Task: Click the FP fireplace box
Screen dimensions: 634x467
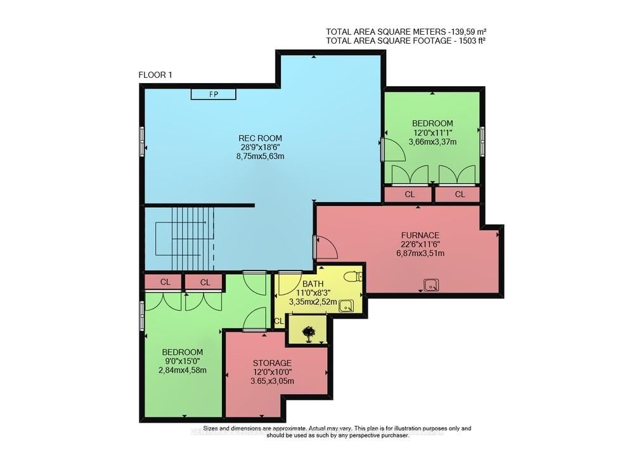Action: point(214,94)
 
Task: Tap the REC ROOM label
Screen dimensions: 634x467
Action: point(260,138)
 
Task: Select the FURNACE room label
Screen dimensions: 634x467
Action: point(420,235)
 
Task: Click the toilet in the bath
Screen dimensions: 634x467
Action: point(354,277)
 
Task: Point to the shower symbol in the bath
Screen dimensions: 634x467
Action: point(346,306)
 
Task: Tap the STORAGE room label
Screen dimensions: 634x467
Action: point(272,363)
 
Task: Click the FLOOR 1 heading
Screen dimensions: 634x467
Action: point(155,75)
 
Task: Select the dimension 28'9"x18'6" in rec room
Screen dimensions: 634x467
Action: point(261,148)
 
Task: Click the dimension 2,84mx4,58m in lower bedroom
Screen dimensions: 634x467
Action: point(183,370)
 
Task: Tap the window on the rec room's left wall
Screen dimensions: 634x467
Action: point(142,141)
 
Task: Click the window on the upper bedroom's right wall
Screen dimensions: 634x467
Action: point(482,141)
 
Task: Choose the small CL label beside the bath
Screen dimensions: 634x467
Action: point(279,321)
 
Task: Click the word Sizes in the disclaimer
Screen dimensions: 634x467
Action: point(210,428)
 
